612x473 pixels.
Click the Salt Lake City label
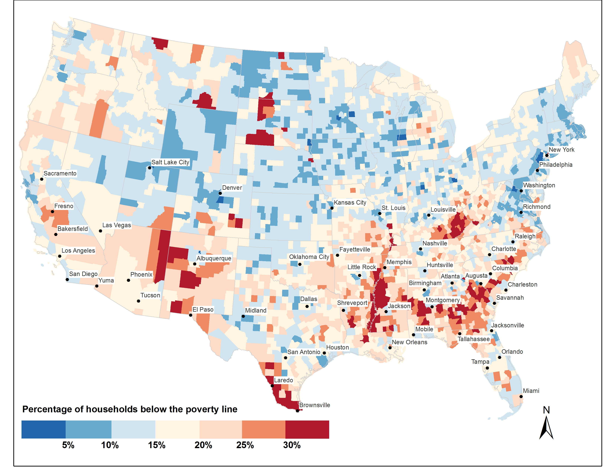click(170, 162)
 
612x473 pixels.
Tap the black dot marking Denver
click(220, 193)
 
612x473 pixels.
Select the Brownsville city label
click(314, 405)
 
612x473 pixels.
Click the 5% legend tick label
click(68, 445)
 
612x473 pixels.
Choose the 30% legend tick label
click(292, 445)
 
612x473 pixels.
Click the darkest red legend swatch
click(307, 429)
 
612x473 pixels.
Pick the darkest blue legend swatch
click(43, 429)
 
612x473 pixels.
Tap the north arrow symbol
click(546, 428)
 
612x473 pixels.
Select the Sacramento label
click(60, 173)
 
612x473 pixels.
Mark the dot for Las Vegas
click(100, 231)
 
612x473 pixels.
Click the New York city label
click(561, 150)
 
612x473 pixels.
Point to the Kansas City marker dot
click(332, 208)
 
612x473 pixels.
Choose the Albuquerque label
click(214, 258)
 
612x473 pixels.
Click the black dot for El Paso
click(190, 315)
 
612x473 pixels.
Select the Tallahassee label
click(474, 339)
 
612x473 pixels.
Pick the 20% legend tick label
click(203, 445)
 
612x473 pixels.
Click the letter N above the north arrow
click(546, 410)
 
